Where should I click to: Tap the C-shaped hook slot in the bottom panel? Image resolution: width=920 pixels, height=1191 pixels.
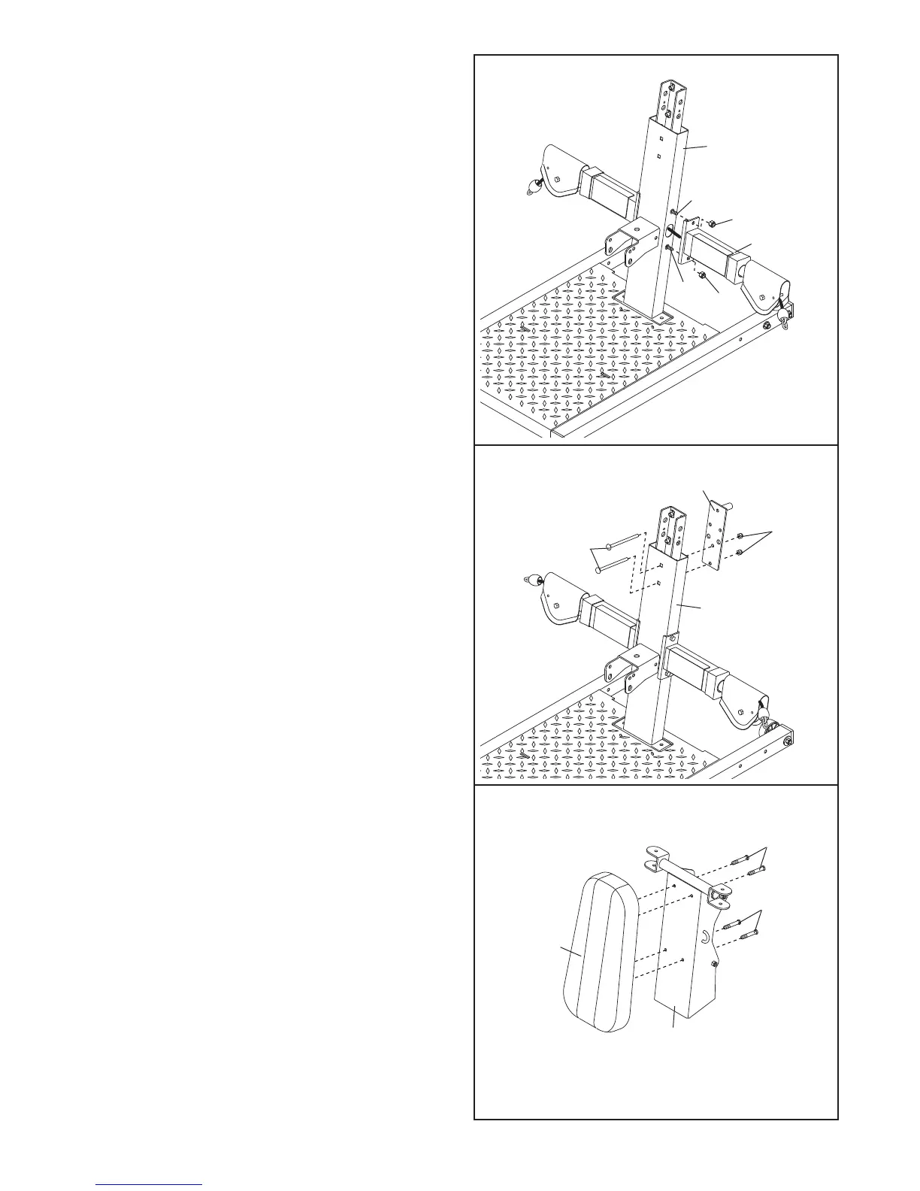click(x=706, y=935)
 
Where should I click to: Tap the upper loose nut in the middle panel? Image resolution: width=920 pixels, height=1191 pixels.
click(x=740, y=535)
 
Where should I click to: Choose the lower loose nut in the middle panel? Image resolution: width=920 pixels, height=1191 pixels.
click(x=740, y=553)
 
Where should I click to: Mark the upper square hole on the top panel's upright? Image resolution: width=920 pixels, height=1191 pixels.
click(x=658, y=138)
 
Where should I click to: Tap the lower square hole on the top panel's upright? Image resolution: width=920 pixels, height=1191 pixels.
click(x=658, y=157)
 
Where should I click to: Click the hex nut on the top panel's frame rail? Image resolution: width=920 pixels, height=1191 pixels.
click(x=765, y=326)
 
